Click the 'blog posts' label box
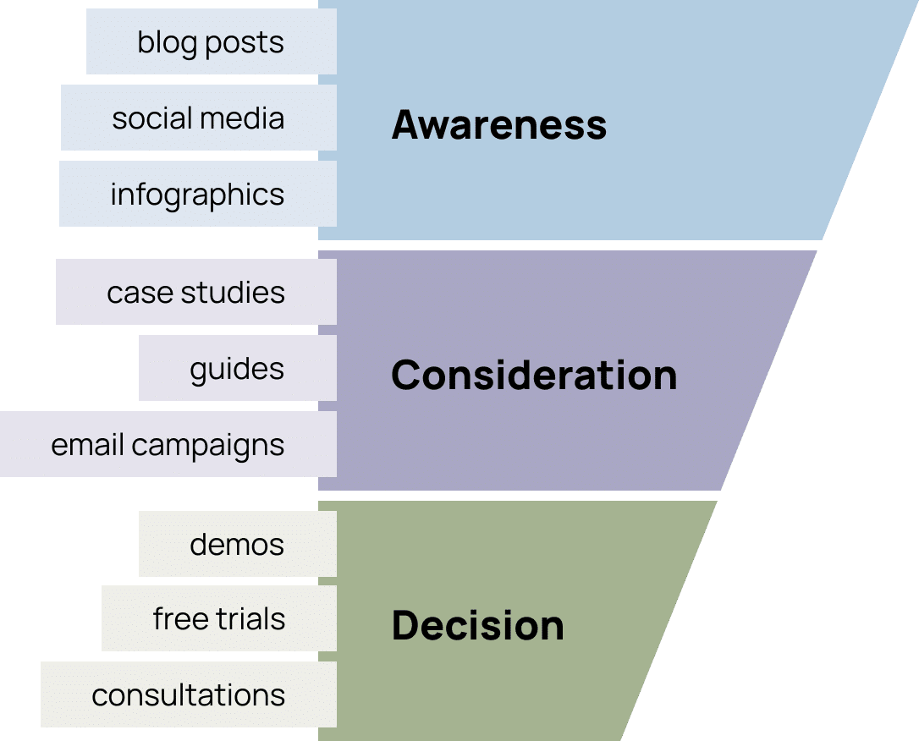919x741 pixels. point(211,42)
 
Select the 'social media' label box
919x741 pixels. point(198,118)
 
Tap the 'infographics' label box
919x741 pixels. point(197,195)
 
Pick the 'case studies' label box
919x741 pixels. point(195,293)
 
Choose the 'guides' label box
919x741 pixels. point(237,369)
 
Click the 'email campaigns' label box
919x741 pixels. point(168,445)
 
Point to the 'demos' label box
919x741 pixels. point(237,543)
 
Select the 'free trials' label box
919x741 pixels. point(218,619)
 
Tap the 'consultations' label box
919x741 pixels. point(188,695)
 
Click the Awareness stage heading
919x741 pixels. point(499,125)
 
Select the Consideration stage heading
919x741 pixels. point(534,375)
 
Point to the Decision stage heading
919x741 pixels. point(478,626)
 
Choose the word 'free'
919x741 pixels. point(176,619)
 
